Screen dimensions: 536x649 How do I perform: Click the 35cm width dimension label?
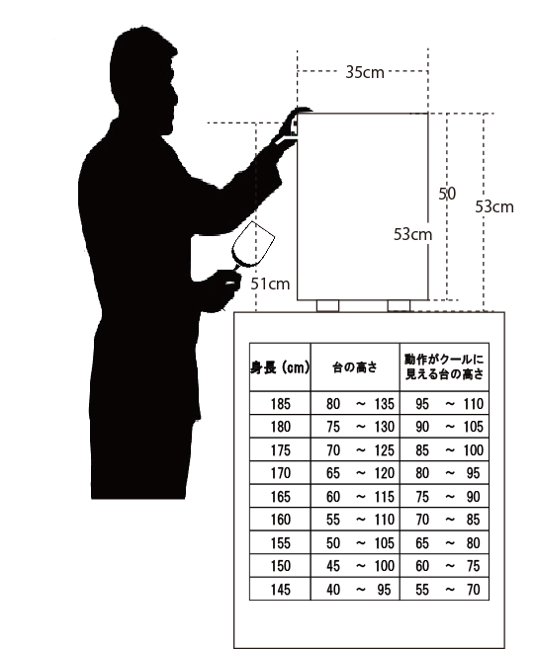(365, 72)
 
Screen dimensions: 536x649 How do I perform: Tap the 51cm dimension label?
(270, 284)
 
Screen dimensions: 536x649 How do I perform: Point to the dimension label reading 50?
(447, 194)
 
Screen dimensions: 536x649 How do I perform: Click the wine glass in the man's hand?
(250, 250)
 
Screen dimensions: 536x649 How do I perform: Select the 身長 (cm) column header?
(280, 367)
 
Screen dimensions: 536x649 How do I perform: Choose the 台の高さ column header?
(355, 367)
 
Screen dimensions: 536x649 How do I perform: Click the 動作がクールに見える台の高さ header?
(444, 366)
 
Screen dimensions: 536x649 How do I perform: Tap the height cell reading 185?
(281, 404)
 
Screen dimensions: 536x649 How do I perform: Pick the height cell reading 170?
(281, 473)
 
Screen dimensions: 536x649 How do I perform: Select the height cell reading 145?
(281, 590)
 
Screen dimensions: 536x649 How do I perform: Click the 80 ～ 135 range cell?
(360, 404)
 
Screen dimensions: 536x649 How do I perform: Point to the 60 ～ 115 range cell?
(360, 496)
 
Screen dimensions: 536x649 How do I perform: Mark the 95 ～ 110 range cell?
(449, 404)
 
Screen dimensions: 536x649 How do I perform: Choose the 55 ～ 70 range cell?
(447, 590)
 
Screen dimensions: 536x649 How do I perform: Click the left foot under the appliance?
(327, 306)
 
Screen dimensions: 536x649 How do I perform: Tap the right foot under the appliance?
(399, 306)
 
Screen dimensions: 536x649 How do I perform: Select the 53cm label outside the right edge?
(494, 206)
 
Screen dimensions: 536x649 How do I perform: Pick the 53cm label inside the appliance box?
(412, 235)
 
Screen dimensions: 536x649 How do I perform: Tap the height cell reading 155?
(281, 542)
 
